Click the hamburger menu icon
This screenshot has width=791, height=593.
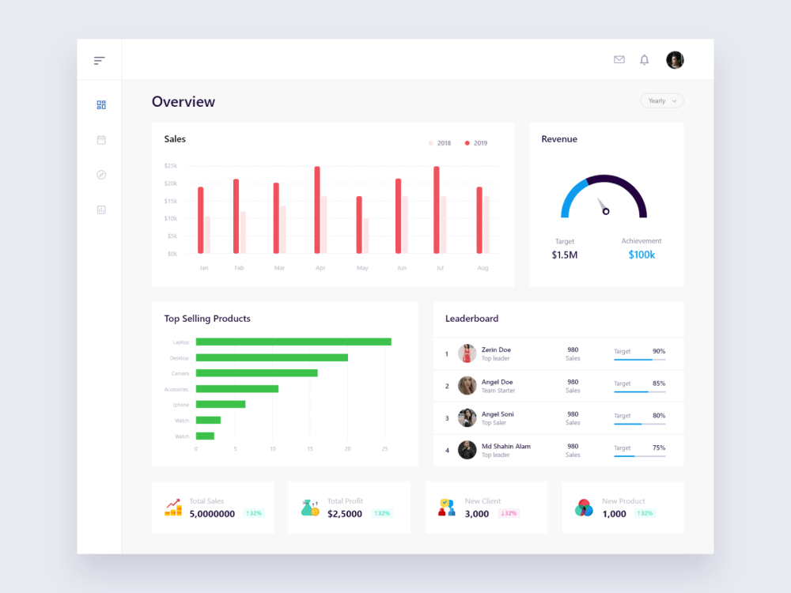coord(99,60)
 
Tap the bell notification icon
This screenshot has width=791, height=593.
coord(644,60)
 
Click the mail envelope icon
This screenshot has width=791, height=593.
coord(619,59)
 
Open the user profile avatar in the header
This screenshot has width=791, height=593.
coord(675,60)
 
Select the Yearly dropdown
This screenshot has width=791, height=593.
coord(662,101)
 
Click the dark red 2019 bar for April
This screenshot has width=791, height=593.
coord(317,210)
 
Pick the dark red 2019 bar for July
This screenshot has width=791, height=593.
coord(437,210)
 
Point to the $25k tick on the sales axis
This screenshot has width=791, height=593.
coord(171,166)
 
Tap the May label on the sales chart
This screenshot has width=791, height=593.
coord(362,268)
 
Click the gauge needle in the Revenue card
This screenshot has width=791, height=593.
coord(602,206)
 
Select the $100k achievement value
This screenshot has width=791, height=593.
coord(642,255)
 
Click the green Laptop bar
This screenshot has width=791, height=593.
coord(293,342)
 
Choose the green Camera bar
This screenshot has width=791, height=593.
coord(256,373)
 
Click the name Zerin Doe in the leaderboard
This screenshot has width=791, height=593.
coord(496,349)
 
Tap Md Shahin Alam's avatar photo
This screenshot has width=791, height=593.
coord(467,450)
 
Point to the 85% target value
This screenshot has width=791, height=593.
coord(658,383)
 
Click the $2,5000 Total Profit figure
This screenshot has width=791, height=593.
coord(345,514)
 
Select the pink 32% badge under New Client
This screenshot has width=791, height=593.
coord(509,513)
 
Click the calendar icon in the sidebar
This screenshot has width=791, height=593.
coord(101,140)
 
